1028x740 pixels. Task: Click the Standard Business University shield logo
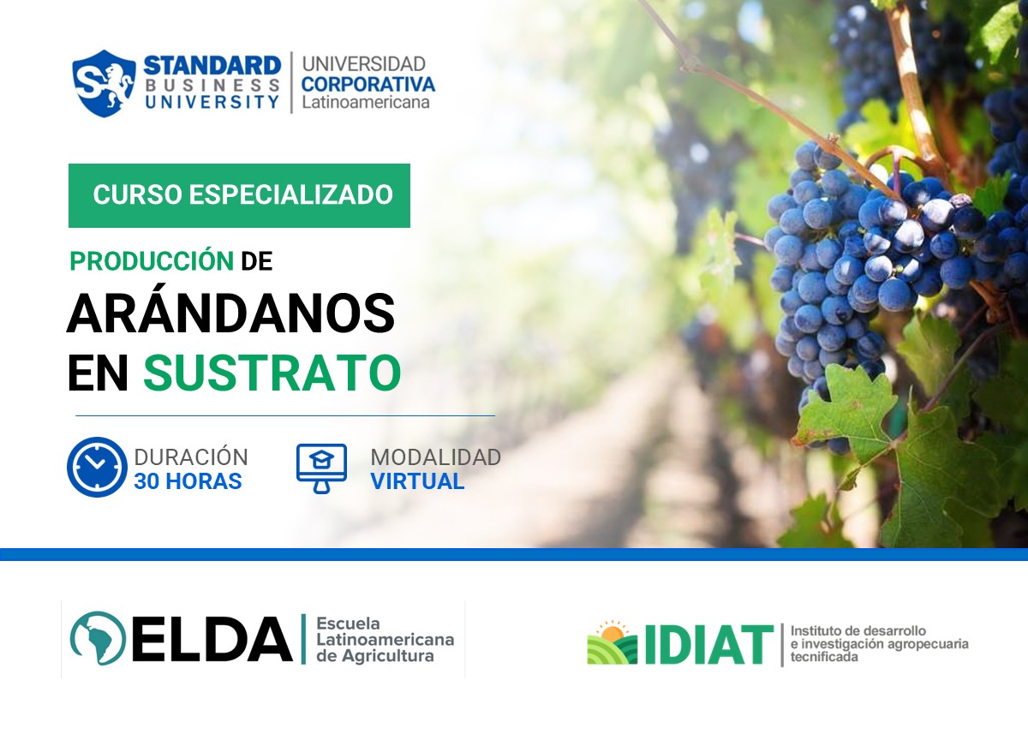point(104,83)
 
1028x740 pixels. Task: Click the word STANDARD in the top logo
point(212,64)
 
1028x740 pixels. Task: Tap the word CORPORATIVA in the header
point(368,85)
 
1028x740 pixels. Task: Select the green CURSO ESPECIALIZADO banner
point(239,195)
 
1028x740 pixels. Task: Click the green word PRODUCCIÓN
point(152,262)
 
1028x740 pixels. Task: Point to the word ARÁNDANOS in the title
point(230,314)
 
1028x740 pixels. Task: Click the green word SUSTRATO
point(272,373)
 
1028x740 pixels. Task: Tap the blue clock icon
point(97,467)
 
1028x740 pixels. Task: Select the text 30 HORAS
point(188,481)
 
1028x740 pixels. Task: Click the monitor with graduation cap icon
point(321,468)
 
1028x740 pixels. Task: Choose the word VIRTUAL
point(417,481)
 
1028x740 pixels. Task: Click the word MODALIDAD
point(435,457)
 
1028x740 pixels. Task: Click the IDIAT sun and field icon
point(612,643)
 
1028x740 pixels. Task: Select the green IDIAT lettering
point(708,645)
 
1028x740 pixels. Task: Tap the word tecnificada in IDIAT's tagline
point(824,657)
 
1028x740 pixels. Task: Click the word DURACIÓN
point(190,457)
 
